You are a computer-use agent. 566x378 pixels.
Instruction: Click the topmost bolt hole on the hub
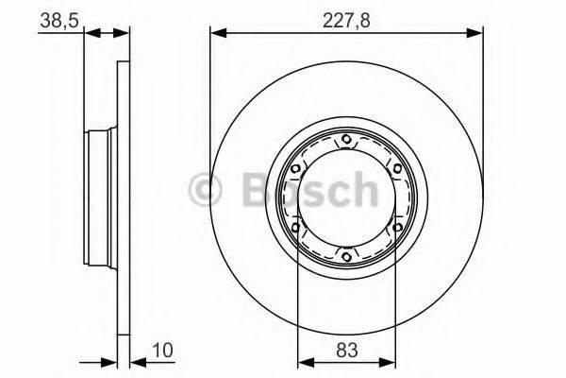pos(346,142)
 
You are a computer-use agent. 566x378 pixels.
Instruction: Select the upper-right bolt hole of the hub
pos(395,170)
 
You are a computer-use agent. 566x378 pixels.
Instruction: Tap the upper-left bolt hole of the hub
pos(297,170)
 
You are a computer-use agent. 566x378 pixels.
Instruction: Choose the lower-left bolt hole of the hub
pos(297,227)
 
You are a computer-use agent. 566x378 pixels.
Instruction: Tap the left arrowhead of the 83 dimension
pos(302,360)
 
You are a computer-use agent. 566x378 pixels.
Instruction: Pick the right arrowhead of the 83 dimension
pos(391,360)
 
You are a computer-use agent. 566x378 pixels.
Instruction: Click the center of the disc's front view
pos(346,198)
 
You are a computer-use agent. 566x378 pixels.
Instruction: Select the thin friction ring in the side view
pos(123,198)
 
